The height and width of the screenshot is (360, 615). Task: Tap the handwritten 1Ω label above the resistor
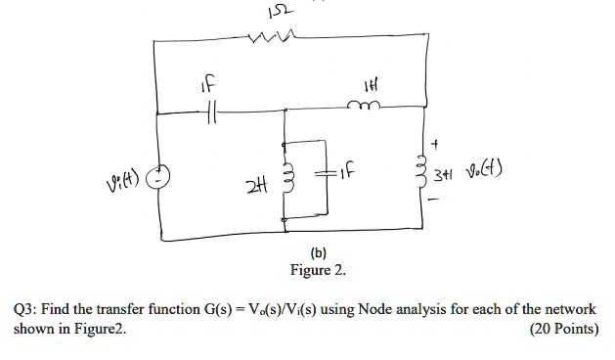261,11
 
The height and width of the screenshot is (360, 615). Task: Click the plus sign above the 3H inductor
449,142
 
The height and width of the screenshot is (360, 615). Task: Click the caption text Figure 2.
317,269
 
